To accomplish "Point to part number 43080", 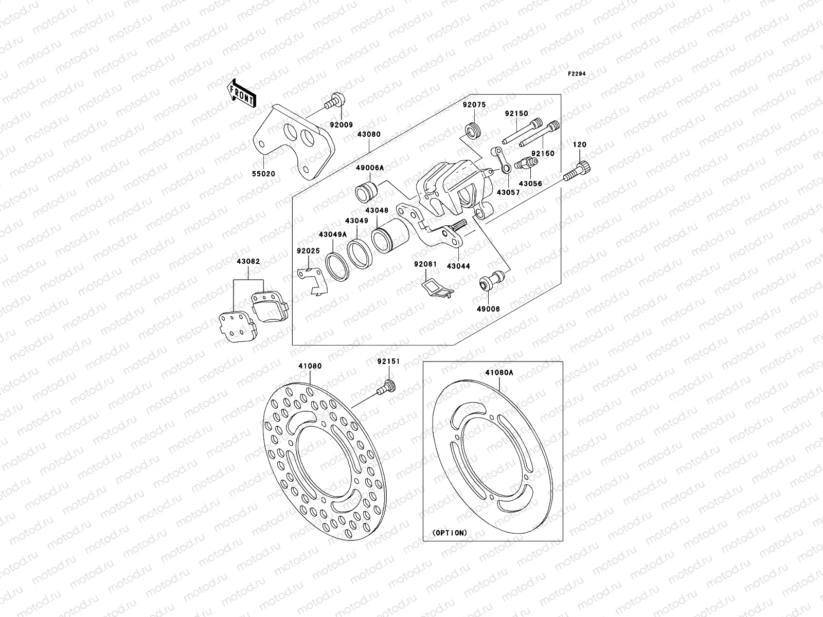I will (x=369, y=134).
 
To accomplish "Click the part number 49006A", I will (x=369, y=168).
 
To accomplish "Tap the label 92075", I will (x=473, y=104).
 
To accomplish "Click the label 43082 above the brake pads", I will (x=248, y=262).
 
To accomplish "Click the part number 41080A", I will (x=498, y=373).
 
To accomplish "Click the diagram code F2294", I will (x=577, y=74).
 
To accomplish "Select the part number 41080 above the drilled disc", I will (x=310, y=366).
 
